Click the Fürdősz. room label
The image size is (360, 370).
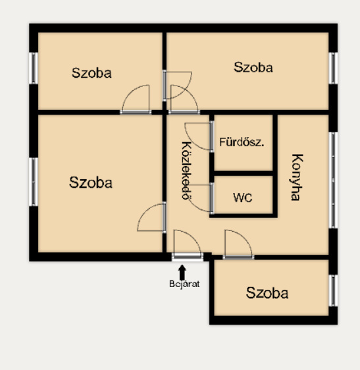point(242,142)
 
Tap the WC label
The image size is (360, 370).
point(242,198)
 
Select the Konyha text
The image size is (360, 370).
point(296,177)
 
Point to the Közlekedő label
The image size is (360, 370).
point(187,171)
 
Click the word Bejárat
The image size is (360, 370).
point(184,284)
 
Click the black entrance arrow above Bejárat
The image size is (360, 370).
point(182,273)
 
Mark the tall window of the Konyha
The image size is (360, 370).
point(333,180)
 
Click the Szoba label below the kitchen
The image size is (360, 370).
point(267,293)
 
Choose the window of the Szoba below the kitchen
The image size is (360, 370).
point(333,290)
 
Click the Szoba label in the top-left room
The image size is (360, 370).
point(91,73)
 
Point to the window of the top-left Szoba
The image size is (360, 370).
point(34,68)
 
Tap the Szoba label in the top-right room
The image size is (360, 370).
point(253,67)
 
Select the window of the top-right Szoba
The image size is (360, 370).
point(333,68)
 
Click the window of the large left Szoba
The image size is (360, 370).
point(34,182)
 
